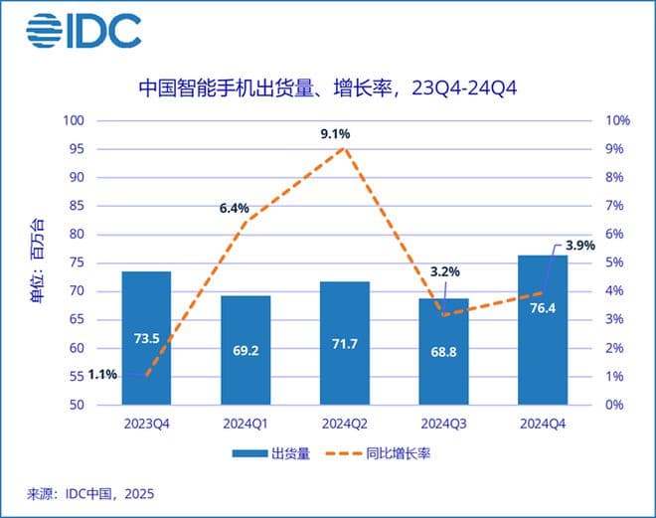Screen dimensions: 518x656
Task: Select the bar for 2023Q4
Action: point(147,338)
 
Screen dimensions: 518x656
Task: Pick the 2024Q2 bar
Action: point(345,343)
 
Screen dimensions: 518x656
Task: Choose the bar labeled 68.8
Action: point(444,351)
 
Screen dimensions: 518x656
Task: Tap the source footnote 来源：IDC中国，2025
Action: point(90,492)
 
